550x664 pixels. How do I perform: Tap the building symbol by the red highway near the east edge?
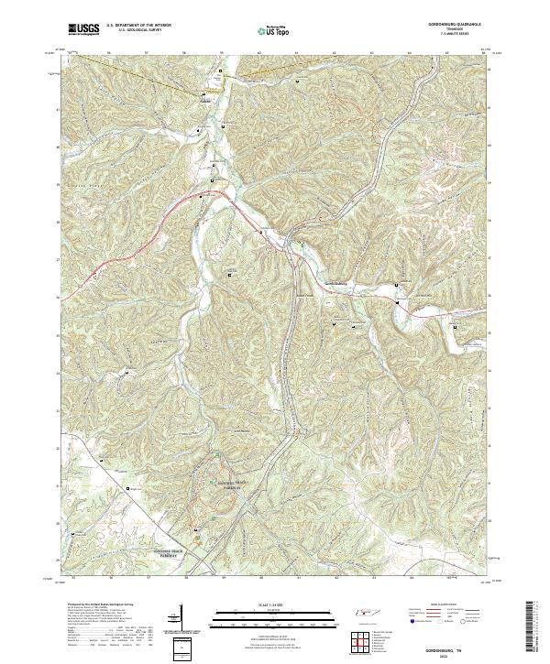coord(456,324)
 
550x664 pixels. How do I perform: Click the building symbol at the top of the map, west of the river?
coord(204,93)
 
